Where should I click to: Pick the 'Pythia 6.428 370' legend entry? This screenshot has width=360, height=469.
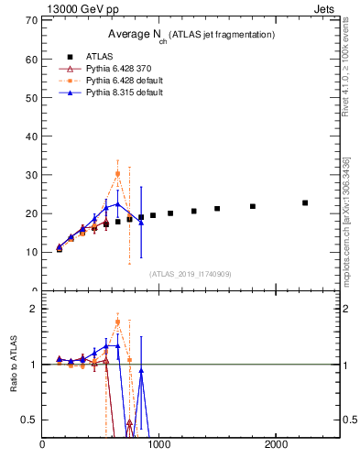tap(119, 69)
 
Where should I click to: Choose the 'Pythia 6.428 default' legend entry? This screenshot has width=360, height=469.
tap(124, 81)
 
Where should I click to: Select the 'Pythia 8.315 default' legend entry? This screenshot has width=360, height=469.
tap(124, 93)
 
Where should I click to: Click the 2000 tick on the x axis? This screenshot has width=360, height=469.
tap(277, 445)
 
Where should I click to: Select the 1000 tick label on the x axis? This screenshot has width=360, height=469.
tap(159, 445)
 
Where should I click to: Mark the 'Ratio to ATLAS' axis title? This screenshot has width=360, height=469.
tap(14, 364)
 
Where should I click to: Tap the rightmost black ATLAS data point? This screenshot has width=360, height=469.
tap(305, 202)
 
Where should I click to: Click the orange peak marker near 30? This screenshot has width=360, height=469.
tap(117, 173)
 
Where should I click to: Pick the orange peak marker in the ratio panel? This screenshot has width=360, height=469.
tap(117, 322)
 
